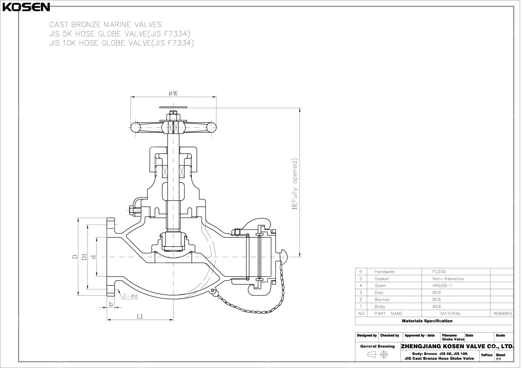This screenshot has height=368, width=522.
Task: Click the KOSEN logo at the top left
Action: click(26, 7)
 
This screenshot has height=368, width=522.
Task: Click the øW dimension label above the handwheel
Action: click(173, 94)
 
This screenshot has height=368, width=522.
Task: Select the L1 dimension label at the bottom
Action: click(140, 317)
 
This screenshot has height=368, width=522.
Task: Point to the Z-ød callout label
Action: click(130, 296)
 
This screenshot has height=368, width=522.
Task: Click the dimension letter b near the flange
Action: click(111, 304)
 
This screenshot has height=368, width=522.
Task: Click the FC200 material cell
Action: click(439, 272)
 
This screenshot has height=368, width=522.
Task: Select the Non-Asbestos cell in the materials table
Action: click(448, 279)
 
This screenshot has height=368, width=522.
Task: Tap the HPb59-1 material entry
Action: click(442, 286)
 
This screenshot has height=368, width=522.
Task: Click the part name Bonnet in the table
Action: click(382, 300)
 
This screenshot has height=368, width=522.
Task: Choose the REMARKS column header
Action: click(502, 314)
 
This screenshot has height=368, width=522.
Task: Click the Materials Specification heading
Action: click(427, 321)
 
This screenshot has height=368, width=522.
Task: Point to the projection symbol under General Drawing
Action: click(377, 354)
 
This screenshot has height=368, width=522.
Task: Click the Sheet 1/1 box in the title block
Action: click(500, 357)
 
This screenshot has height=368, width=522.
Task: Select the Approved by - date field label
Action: click(419, 335)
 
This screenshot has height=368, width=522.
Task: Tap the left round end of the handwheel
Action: click(135, 127)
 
